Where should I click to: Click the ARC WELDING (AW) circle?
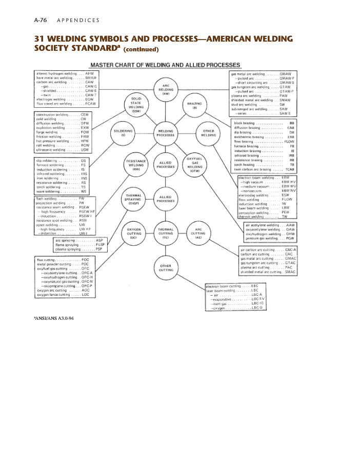(x=166, y=90)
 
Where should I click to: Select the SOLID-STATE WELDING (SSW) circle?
(x=136, y=104)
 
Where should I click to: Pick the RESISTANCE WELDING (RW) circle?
(x=136, y=165)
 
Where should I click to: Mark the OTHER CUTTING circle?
(x=166, y=267)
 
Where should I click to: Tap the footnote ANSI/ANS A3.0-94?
(x=54, y=318)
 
